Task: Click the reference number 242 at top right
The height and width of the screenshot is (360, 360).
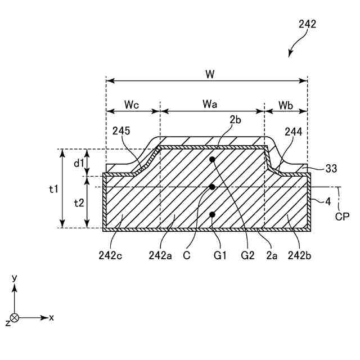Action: (x=307, y=24)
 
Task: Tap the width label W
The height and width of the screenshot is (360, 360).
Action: (x=210, y=74)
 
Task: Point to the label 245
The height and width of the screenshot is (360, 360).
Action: (x=121, y=131)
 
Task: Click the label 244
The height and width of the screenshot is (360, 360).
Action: (x=293, y=132)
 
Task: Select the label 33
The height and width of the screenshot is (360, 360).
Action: (x=332, y=168)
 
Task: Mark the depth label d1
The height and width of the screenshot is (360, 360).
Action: (x=79, y=163)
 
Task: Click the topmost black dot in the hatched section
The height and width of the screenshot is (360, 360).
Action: (x=213, y=160)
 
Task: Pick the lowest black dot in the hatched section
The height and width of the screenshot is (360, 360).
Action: (x=213, y=214)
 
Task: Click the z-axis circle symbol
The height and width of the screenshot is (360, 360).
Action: (x=15, y=318)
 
